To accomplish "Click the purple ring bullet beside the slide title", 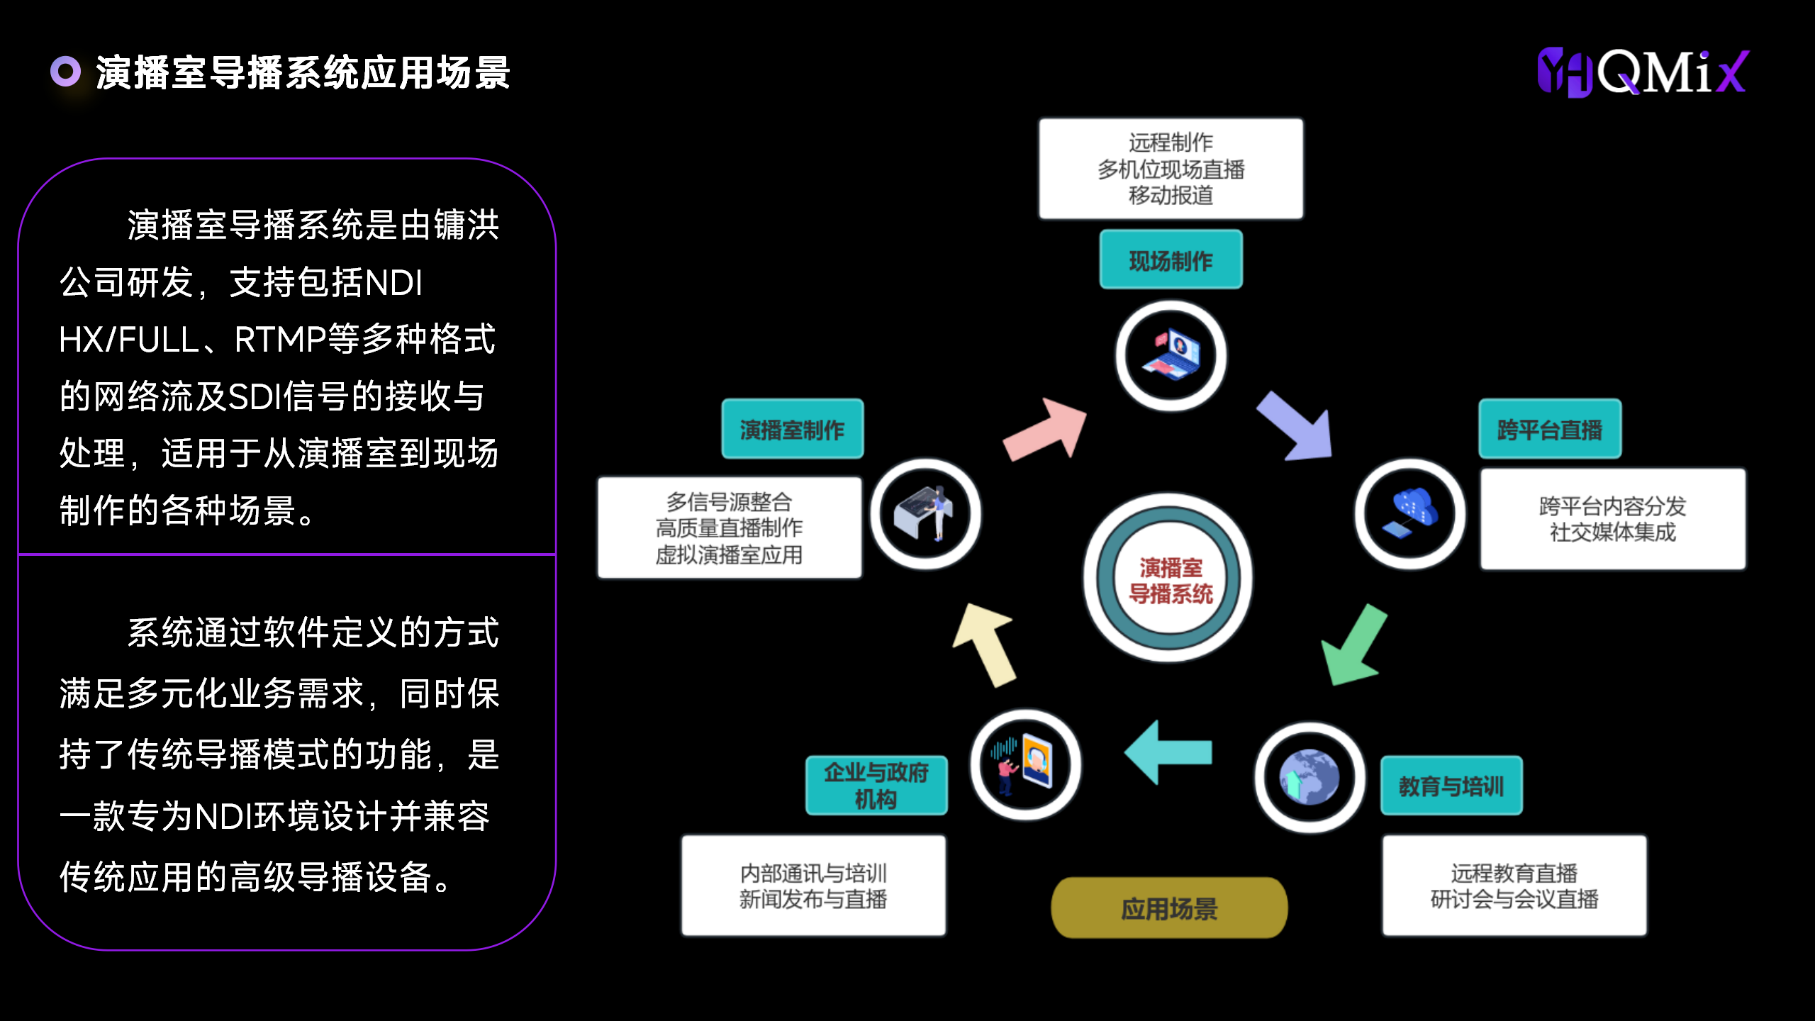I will (65, 72).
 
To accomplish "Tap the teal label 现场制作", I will (1171, 260).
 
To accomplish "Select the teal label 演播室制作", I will (792, 429).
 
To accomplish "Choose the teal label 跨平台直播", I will (1549, 429).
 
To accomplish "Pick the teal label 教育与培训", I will (1451, 786).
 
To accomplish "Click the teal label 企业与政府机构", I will (876, 786).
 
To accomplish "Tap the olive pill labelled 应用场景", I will (1169, 908).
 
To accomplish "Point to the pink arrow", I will (1046, 430).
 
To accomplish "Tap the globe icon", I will (1309, 777).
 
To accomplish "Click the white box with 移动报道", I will (1171, 169).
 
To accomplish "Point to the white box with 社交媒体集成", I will (1612, 519).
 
